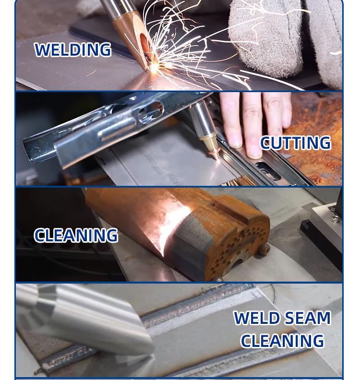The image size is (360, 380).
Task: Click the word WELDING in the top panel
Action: coord(73,50)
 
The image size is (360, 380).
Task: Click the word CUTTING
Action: coord(296,143)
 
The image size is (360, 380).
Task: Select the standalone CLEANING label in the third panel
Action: coord(76,235)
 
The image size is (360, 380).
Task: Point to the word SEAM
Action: coord(307,318)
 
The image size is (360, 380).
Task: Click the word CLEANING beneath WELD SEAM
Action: coord(282,341)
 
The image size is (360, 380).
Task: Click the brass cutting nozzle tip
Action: coord(210,145)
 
